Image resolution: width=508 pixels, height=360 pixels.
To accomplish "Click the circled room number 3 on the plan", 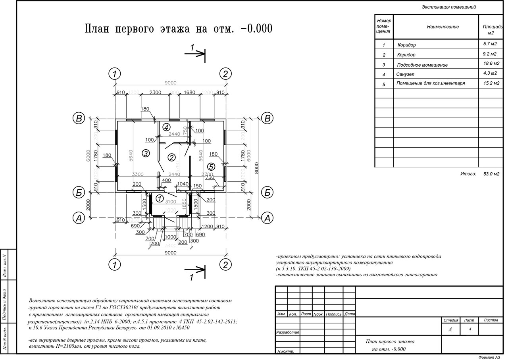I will tap(146, 153).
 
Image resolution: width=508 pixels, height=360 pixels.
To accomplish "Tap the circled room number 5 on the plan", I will tap(211, 167).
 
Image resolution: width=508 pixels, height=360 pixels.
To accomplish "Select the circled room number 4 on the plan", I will tap(166, 127).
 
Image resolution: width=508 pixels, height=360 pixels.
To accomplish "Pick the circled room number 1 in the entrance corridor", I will tap(160, 198).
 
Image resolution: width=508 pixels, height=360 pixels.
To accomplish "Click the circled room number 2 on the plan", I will tap(171, 158).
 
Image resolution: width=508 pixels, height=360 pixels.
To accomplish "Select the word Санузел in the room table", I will tap(404, 74).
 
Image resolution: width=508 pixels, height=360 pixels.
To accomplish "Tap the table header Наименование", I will tap(443, 27).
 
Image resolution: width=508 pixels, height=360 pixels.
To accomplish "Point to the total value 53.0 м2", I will tap(491, 174).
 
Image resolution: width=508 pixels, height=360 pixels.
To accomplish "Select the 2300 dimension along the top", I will tap(155, 92).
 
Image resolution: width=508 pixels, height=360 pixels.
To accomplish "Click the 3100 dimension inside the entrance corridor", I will tap(170, 202).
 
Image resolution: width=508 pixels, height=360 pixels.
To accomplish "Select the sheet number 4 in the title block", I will tap(470, 329).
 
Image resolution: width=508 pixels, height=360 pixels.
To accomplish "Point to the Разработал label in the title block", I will tap(288, 332).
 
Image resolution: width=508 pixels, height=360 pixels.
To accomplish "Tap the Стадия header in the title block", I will tap(451, 320).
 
